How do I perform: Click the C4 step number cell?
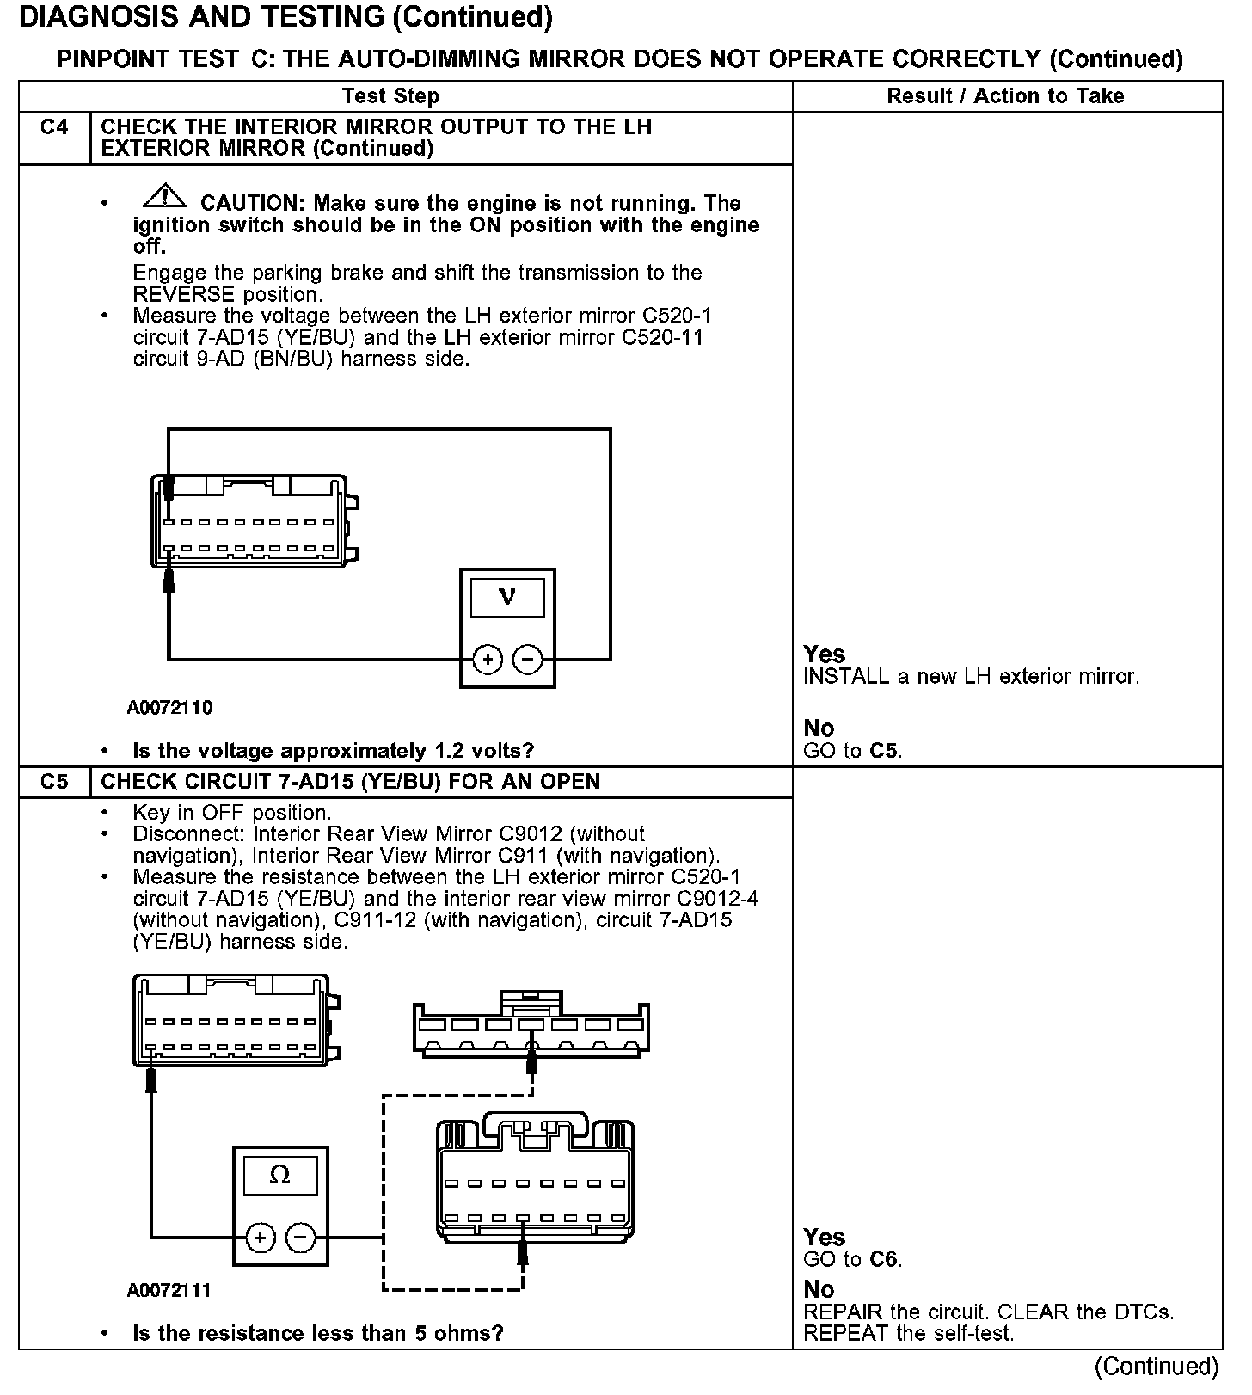pos(54,128)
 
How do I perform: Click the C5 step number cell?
pos(54,782)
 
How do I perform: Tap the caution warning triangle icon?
pos(164,198)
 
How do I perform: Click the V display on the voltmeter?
pos(507,597)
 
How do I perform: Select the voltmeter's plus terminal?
pos(488,660)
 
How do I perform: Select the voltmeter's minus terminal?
pos(527,660)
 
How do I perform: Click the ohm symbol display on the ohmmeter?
pos(280,1175)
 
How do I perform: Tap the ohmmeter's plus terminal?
pos(261,1238)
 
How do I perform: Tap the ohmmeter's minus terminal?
pos(300,1238)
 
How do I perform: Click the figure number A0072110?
pos(169,708)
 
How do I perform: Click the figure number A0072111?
pos(169,1291)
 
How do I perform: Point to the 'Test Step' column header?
pos(390,96)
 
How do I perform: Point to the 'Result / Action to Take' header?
pos(1005,96)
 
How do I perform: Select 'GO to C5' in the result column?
pos(852,751)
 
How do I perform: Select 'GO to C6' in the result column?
pos(852,1260)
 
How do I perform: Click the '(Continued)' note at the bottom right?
pos(1157,1367)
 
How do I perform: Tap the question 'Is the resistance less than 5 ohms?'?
pos(317,1334)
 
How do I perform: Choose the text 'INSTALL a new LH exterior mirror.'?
pos(971,677)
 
